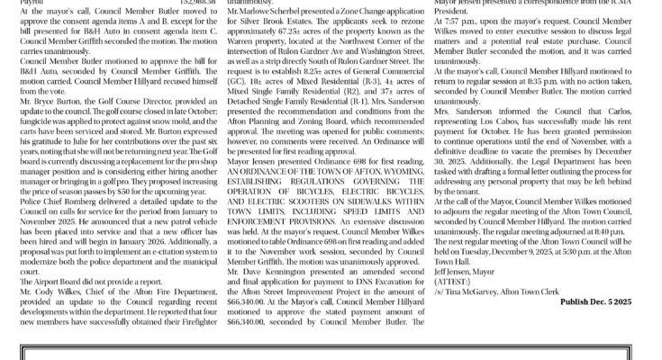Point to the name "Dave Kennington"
click(278, 270)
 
